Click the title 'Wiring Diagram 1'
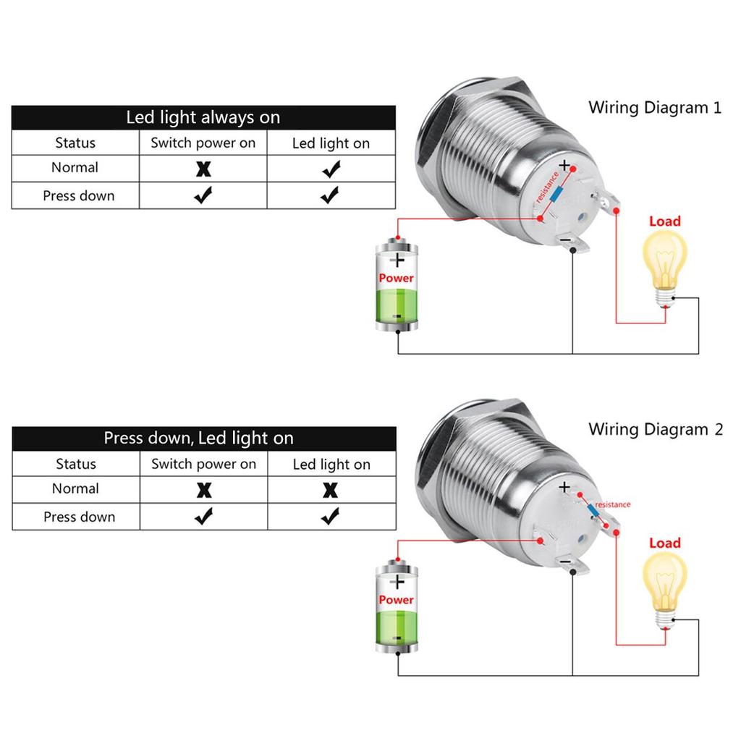pyautogui.click(x=655, y=109)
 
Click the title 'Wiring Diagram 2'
pyautogui.click(x=655, y=429)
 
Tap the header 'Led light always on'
pyautogui.click(x=203, y=117)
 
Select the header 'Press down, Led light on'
pyautogui.click(x=199, y=439)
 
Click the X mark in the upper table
pyautogui.click(x=204, y=169)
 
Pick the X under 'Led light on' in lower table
pyautogui.click(x=330, y=491)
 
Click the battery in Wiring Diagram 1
pyautogui.click(x=397, y=286)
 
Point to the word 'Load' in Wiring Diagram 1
pyautogui.click(x=664, y=221)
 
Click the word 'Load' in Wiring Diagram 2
pyautogui.click(x=664, y=543)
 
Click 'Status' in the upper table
pyautogui.click(x=75, y=143)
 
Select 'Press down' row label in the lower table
pyautogui.click(x=79, y=517)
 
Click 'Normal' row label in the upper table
pyautogui.click(x=75, y=168)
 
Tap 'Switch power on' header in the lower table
pyautogui.click(x=203, y=465)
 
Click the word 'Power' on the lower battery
pyautogui.click(x=397, y=600)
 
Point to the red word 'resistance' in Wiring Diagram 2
pyautogui.click(x=612, y=504)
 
